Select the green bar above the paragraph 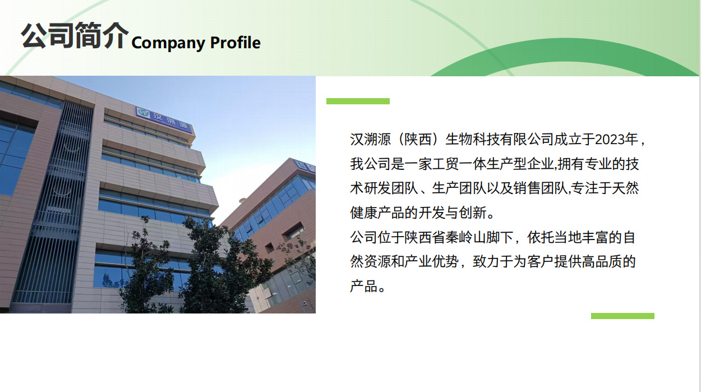pyautogui.click(x=358, y=101)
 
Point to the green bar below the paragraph pyautogui.click(x=622, y=316)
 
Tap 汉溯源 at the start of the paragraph pyautogui.click(x=370, y=139)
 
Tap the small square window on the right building pyautogui.click(x=270, y=247)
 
